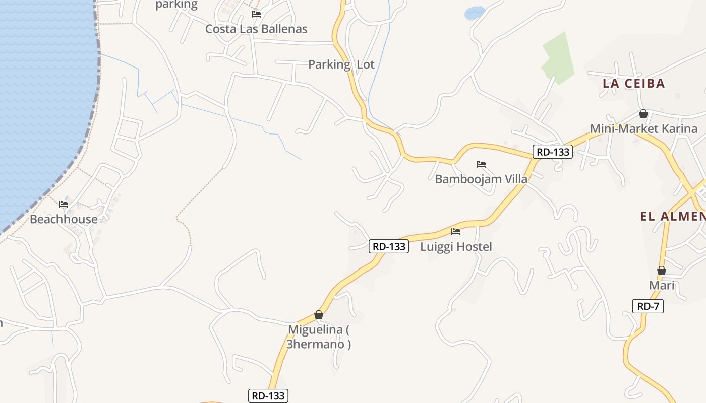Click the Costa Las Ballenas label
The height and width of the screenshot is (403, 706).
pyautogui.click(x=256, y=29)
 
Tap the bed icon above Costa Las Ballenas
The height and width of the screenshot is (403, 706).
pyautogui.click(x=256, y=14)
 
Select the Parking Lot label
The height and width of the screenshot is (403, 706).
pyautogui.click(x=341, y=64)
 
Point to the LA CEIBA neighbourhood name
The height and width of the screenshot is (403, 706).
pyautogui.click(x=634, y=84)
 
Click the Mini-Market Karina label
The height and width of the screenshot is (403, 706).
pyautogui.click(x=643, y=129)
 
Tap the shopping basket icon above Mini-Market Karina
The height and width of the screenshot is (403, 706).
pyautogui.click(x=643, y=114)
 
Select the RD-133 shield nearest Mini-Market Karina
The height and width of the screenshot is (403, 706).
pyautogui.click(x=553, y=152)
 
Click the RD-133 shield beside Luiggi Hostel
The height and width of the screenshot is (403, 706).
pyautogui.click(x=388, y=246)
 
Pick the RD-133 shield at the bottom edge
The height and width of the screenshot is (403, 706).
pyautogui.click(x=268, y=396)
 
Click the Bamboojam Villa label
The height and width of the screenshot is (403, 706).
pyautogui.click(x=481, y=179)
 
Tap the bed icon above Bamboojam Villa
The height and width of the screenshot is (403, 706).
pyautogui.click(x=481, y=164)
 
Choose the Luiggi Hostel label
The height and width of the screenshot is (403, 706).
pyautogui.click(x=456, y=247)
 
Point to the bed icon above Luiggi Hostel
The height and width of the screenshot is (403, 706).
pyautogui.click(x=456, y=232)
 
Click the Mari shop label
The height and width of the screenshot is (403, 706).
pyautogui.click(x=662, y=286)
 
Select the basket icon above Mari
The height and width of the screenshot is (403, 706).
pyautogui.click(x=662, y=271)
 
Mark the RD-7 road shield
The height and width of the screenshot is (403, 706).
pyautogui.click(x=648, y=306)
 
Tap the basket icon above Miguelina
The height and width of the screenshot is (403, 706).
pyautogui.click(x=319, y=315)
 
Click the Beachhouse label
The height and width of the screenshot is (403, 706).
pyautogui.click(x=64, y=220)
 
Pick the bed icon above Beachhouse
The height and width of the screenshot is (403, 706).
pyautogui.click(x=64, y=205)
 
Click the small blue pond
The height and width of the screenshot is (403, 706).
pyautogui.click(x=474, y=13)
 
